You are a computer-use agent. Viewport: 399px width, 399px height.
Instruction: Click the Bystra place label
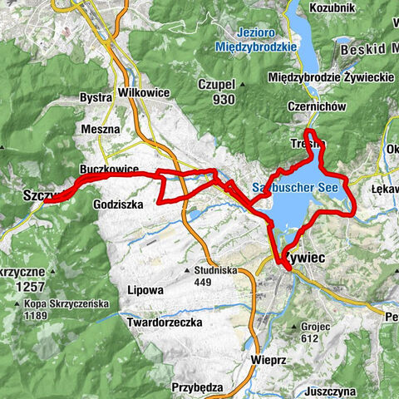coord(96,97)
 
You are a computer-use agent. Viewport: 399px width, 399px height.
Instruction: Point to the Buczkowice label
coord(109,168)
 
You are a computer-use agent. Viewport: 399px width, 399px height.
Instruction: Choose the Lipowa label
coord(146,291)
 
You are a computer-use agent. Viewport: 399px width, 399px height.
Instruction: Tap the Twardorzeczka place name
coord(167,321)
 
